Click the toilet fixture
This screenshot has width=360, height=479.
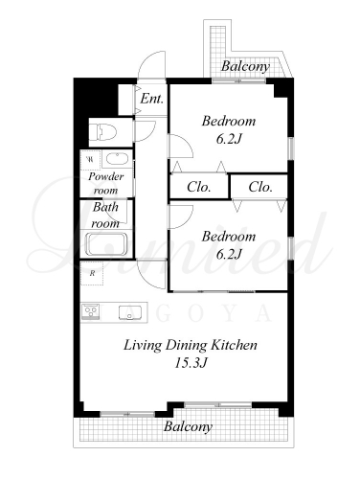(102, 131)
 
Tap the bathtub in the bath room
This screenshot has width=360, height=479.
(107, 244)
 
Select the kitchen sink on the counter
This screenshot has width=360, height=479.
(130, 312)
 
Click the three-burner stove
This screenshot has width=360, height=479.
(91, 311)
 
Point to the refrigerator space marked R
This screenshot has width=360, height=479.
(92, 273)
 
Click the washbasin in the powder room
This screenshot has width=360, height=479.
(118, 159)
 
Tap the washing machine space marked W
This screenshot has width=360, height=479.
(91, 159)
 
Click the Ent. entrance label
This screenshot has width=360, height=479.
(152, 99)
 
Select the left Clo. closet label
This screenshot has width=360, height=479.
(199, 187)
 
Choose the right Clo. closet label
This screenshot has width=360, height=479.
(260, 187)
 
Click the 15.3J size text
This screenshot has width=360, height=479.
(191, 363)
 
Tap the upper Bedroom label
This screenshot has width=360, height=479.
(229, 122)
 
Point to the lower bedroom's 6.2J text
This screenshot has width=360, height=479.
(229, 255)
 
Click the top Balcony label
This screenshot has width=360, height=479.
(245, 66)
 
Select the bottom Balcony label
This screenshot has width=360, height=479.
(188, 426)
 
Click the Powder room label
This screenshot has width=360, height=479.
(106, 183)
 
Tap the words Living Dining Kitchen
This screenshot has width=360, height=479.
(191, 345)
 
